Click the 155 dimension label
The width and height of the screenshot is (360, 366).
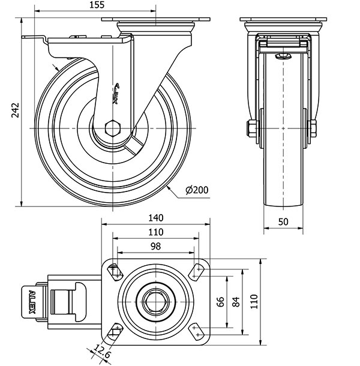tap(95, 5)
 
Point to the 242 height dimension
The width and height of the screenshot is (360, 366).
tap(16, 110)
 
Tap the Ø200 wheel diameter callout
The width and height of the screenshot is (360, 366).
tap(196, 190)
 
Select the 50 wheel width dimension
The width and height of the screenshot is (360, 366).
tap(284, 221)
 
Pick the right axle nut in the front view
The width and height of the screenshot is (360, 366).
tap(313, 128)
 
